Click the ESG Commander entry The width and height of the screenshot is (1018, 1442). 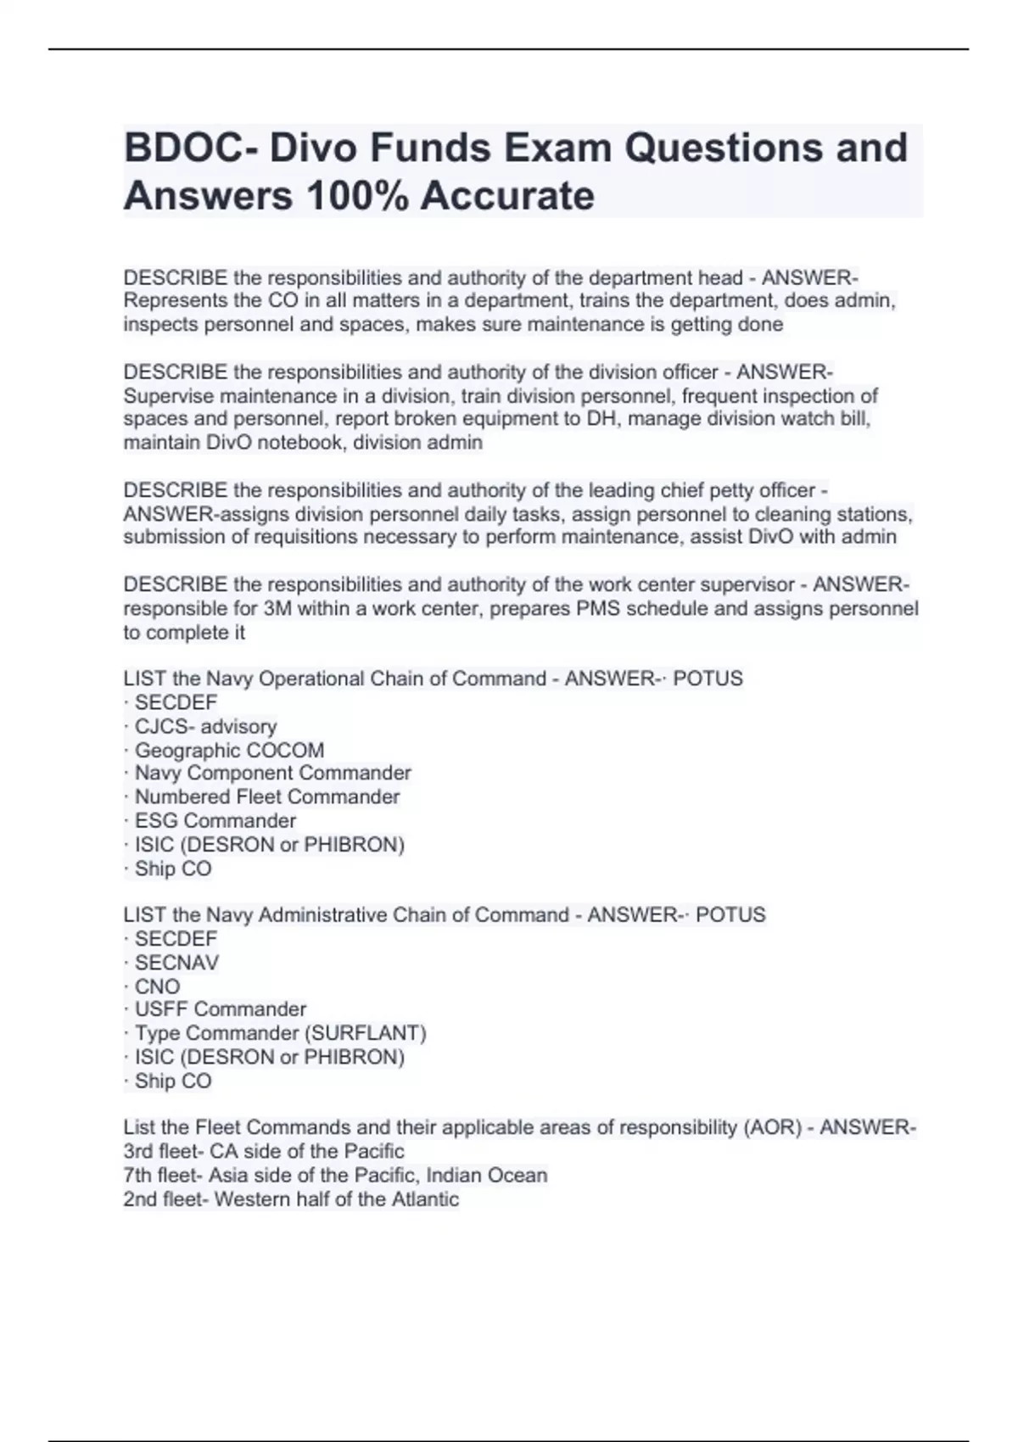coord(215,821)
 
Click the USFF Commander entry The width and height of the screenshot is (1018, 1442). coord(220,1009)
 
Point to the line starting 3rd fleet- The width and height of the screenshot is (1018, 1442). coord(264,1151)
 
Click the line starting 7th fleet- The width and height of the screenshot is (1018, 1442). coord(335,1175)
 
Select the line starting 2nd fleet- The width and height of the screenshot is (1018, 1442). coord(291,1199)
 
